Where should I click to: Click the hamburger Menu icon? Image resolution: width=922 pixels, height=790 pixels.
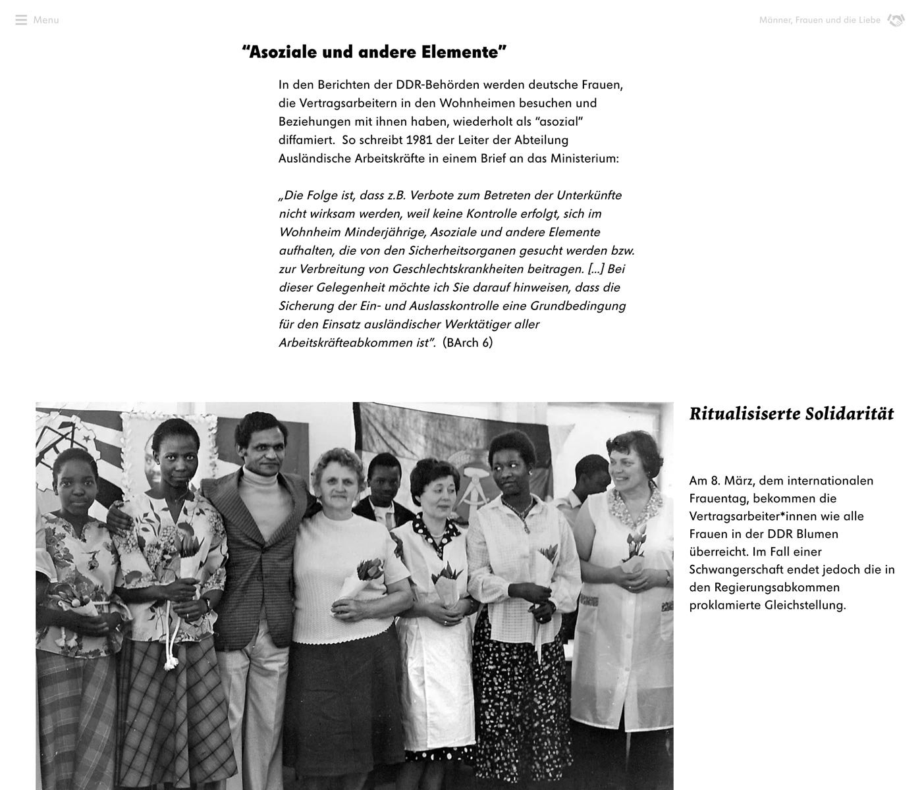pos(21,20)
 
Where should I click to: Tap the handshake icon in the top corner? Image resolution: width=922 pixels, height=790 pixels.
pos(896,20)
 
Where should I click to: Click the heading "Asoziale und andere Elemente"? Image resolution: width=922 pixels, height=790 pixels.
pos(374,52)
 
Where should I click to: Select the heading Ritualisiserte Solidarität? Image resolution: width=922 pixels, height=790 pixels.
pos(791,414)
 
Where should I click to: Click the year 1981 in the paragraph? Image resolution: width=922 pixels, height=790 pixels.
pos(420,140)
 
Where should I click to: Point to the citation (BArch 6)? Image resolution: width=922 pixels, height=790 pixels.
pos(468,343)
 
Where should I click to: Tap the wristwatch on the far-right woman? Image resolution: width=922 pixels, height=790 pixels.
pos(667,577)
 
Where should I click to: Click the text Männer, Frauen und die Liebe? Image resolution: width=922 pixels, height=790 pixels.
pos(819,20)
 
